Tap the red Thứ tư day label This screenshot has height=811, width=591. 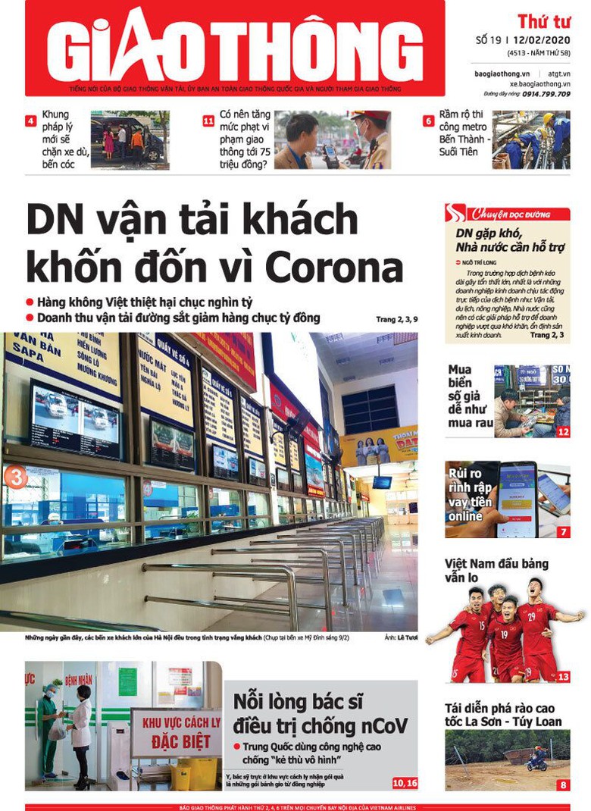[x=543, y=21]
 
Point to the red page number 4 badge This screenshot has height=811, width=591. [x=30, y=121]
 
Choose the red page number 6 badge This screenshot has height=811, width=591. [x=428, y=121]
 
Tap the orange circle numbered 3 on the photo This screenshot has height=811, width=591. [x=15, y=477]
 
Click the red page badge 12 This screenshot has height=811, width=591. [x=563, y=432]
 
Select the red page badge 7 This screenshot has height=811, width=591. [x=563, y=532]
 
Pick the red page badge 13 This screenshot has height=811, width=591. [x=563, y=676]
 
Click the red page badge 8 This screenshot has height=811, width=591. [x=563, y=785]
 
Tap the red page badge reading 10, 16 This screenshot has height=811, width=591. [x=405, y=782]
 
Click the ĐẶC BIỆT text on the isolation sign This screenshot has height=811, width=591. [x=177, y=743]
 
